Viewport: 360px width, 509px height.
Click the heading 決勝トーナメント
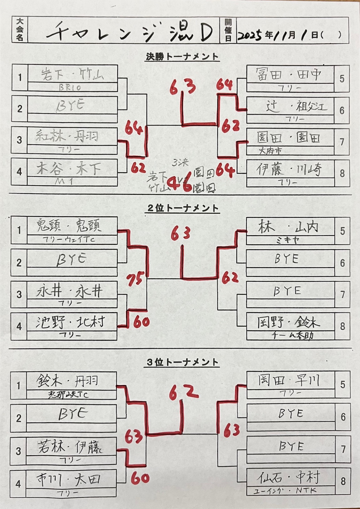[182, 57]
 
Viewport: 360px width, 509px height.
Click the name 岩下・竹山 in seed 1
[72, 74]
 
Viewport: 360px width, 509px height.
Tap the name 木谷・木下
[69, 169]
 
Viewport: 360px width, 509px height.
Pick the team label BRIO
[70, 88]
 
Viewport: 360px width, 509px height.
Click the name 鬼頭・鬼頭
[69, 226]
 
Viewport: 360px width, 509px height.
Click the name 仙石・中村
[289, 478]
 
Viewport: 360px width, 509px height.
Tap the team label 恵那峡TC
[68, 395]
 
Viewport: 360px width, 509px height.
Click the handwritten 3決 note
[180, 162]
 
